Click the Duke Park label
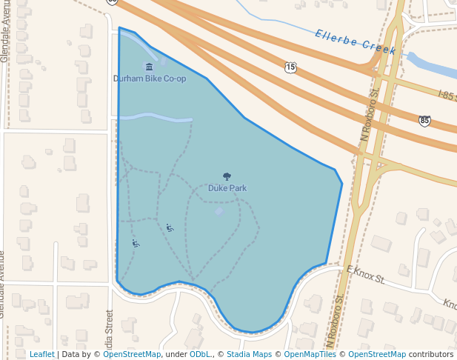click(x=227, y=188)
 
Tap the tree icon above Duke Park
click(x=227, y=177)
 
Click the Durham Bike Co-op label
click(x=150, y=79)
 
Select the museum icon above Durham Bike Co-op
click(x=150, y=67)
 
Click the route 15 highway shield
click(x=290, y=67)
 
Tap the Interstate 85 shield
click(x=424, y=120)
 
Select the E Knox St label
click(x=366, y=275)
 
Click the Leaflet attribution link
click(x=41, y=355)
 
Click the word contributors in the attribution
click(x=431, y=355)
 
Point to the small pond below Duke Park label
click(x=219, y=212)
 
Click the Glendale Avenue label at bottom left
click(x=4, y=284)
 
